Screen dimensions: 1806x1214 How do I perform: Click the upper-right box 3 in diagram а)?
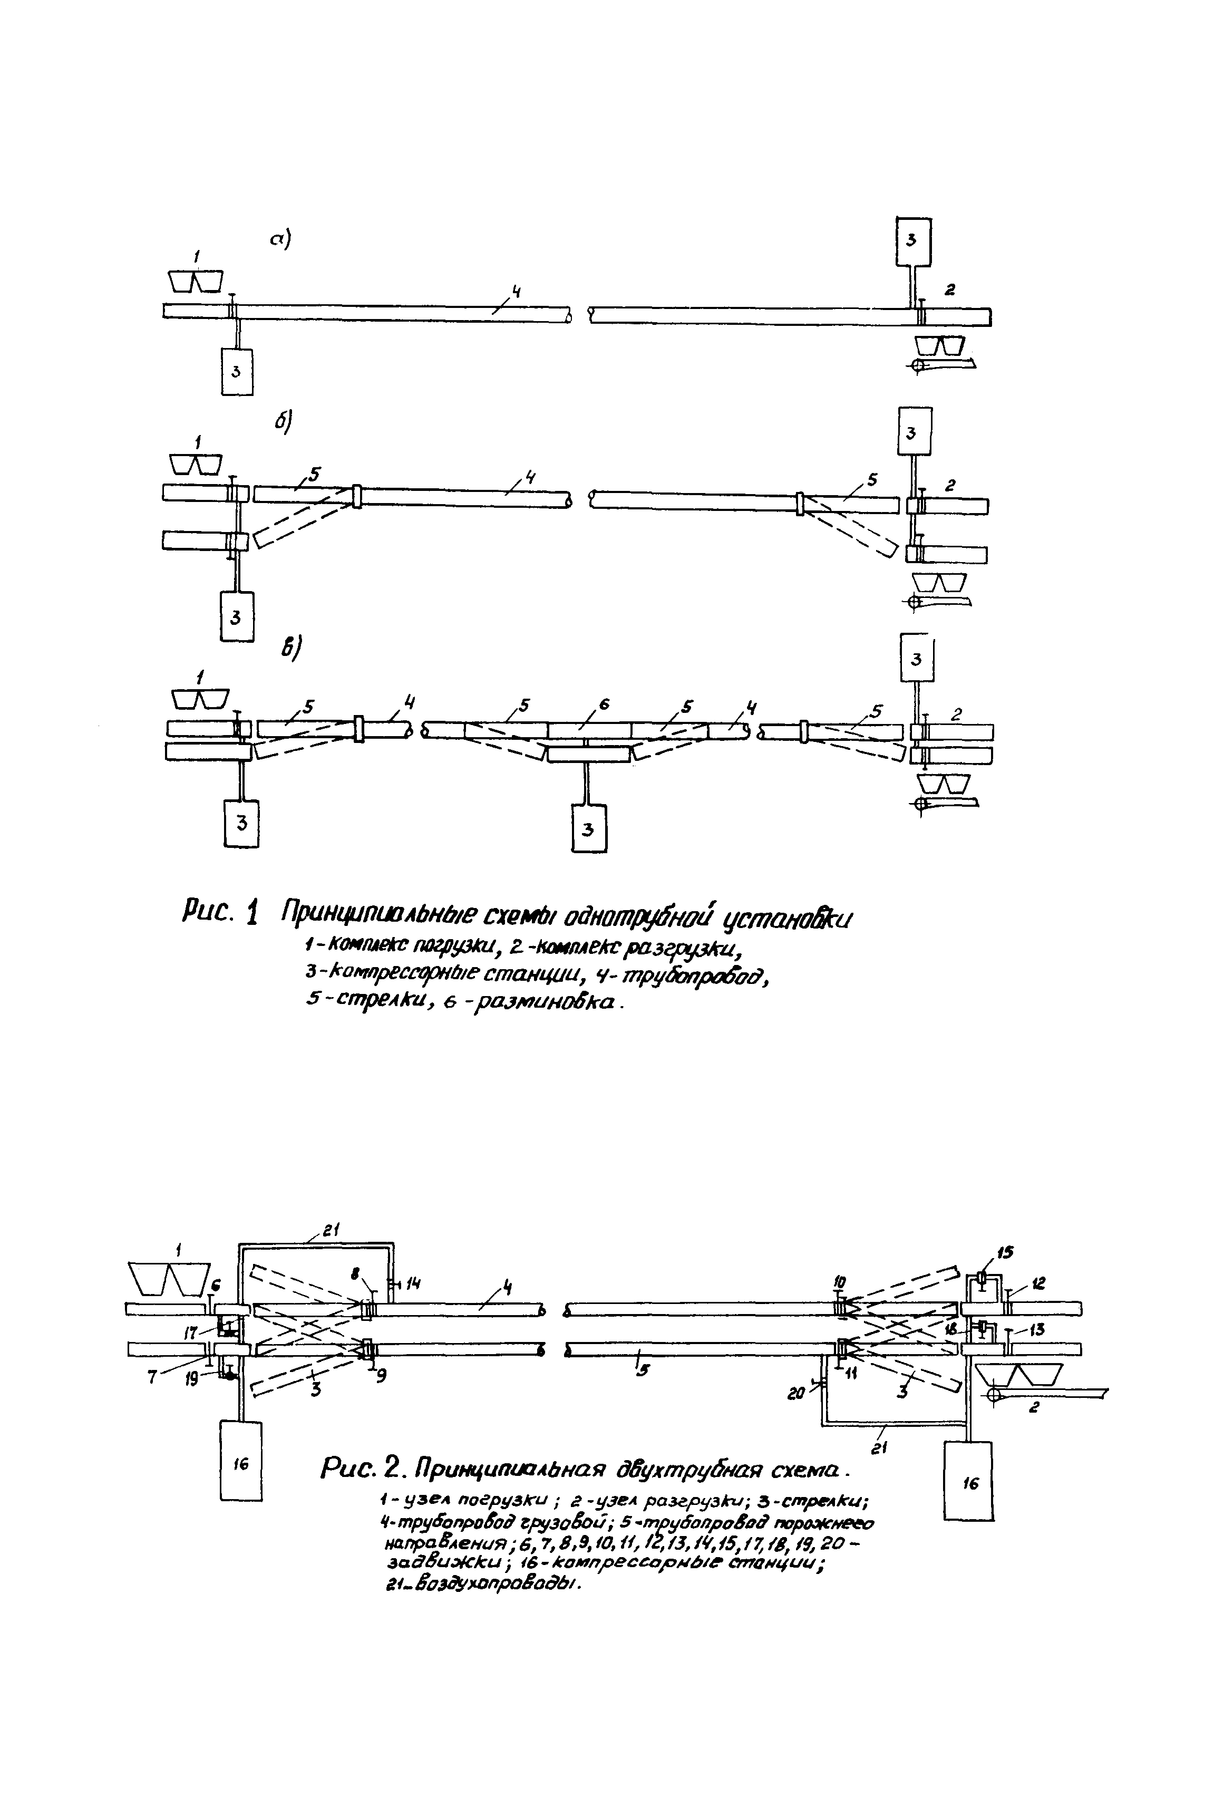pyautogui.click(x=913, y=242)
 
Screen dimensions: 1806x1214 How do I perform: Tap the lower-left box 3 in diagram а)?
pyautogui.click(x=236, y=371)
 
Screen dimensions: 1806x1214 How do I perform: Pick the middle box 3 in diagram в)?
pyautogui.click(x=588, y=829)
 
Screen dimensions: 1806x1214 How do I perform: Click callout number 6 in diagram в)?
pyautogui.click(x=605, y=703)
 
